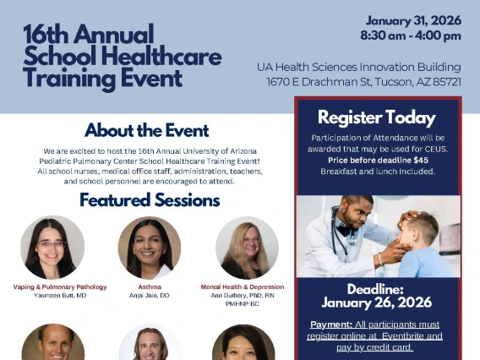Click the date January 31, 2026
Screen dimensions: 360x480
pyautogui.click(x=413, y=20)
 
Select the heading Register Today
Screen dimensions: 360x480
pyautogui.click(x=376, y=117)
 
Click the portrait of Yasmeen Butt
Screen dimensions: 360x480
pyautogui.click(x=52, y=248)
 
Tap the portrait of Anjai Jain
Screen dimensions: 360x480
pyautogui.click(x=150, y=248)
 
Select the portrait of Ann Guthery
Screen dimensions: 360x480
pyautogui.click(x=247, y=248)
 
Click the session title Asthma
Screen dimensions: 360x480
pyautogui.click(x=150, y=287)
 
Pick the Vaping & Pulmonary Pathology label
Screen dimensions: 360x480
pyautogui.click(x=59, y=287)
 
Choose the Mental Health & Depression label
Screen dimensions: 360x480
pyautogui.click(x=242, y=287)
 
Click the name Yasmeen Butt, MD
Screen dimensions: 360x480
pyautogui.click(x=59, y=296)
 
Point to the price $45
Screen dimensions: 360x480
pyautogui.click(x=420, y=160)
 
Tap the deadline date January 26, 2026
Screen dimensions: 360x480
pyautogui.click(x=376, y=303)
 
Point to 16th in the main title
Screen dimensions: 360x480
pyautogui.click(x=46, y=35)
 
